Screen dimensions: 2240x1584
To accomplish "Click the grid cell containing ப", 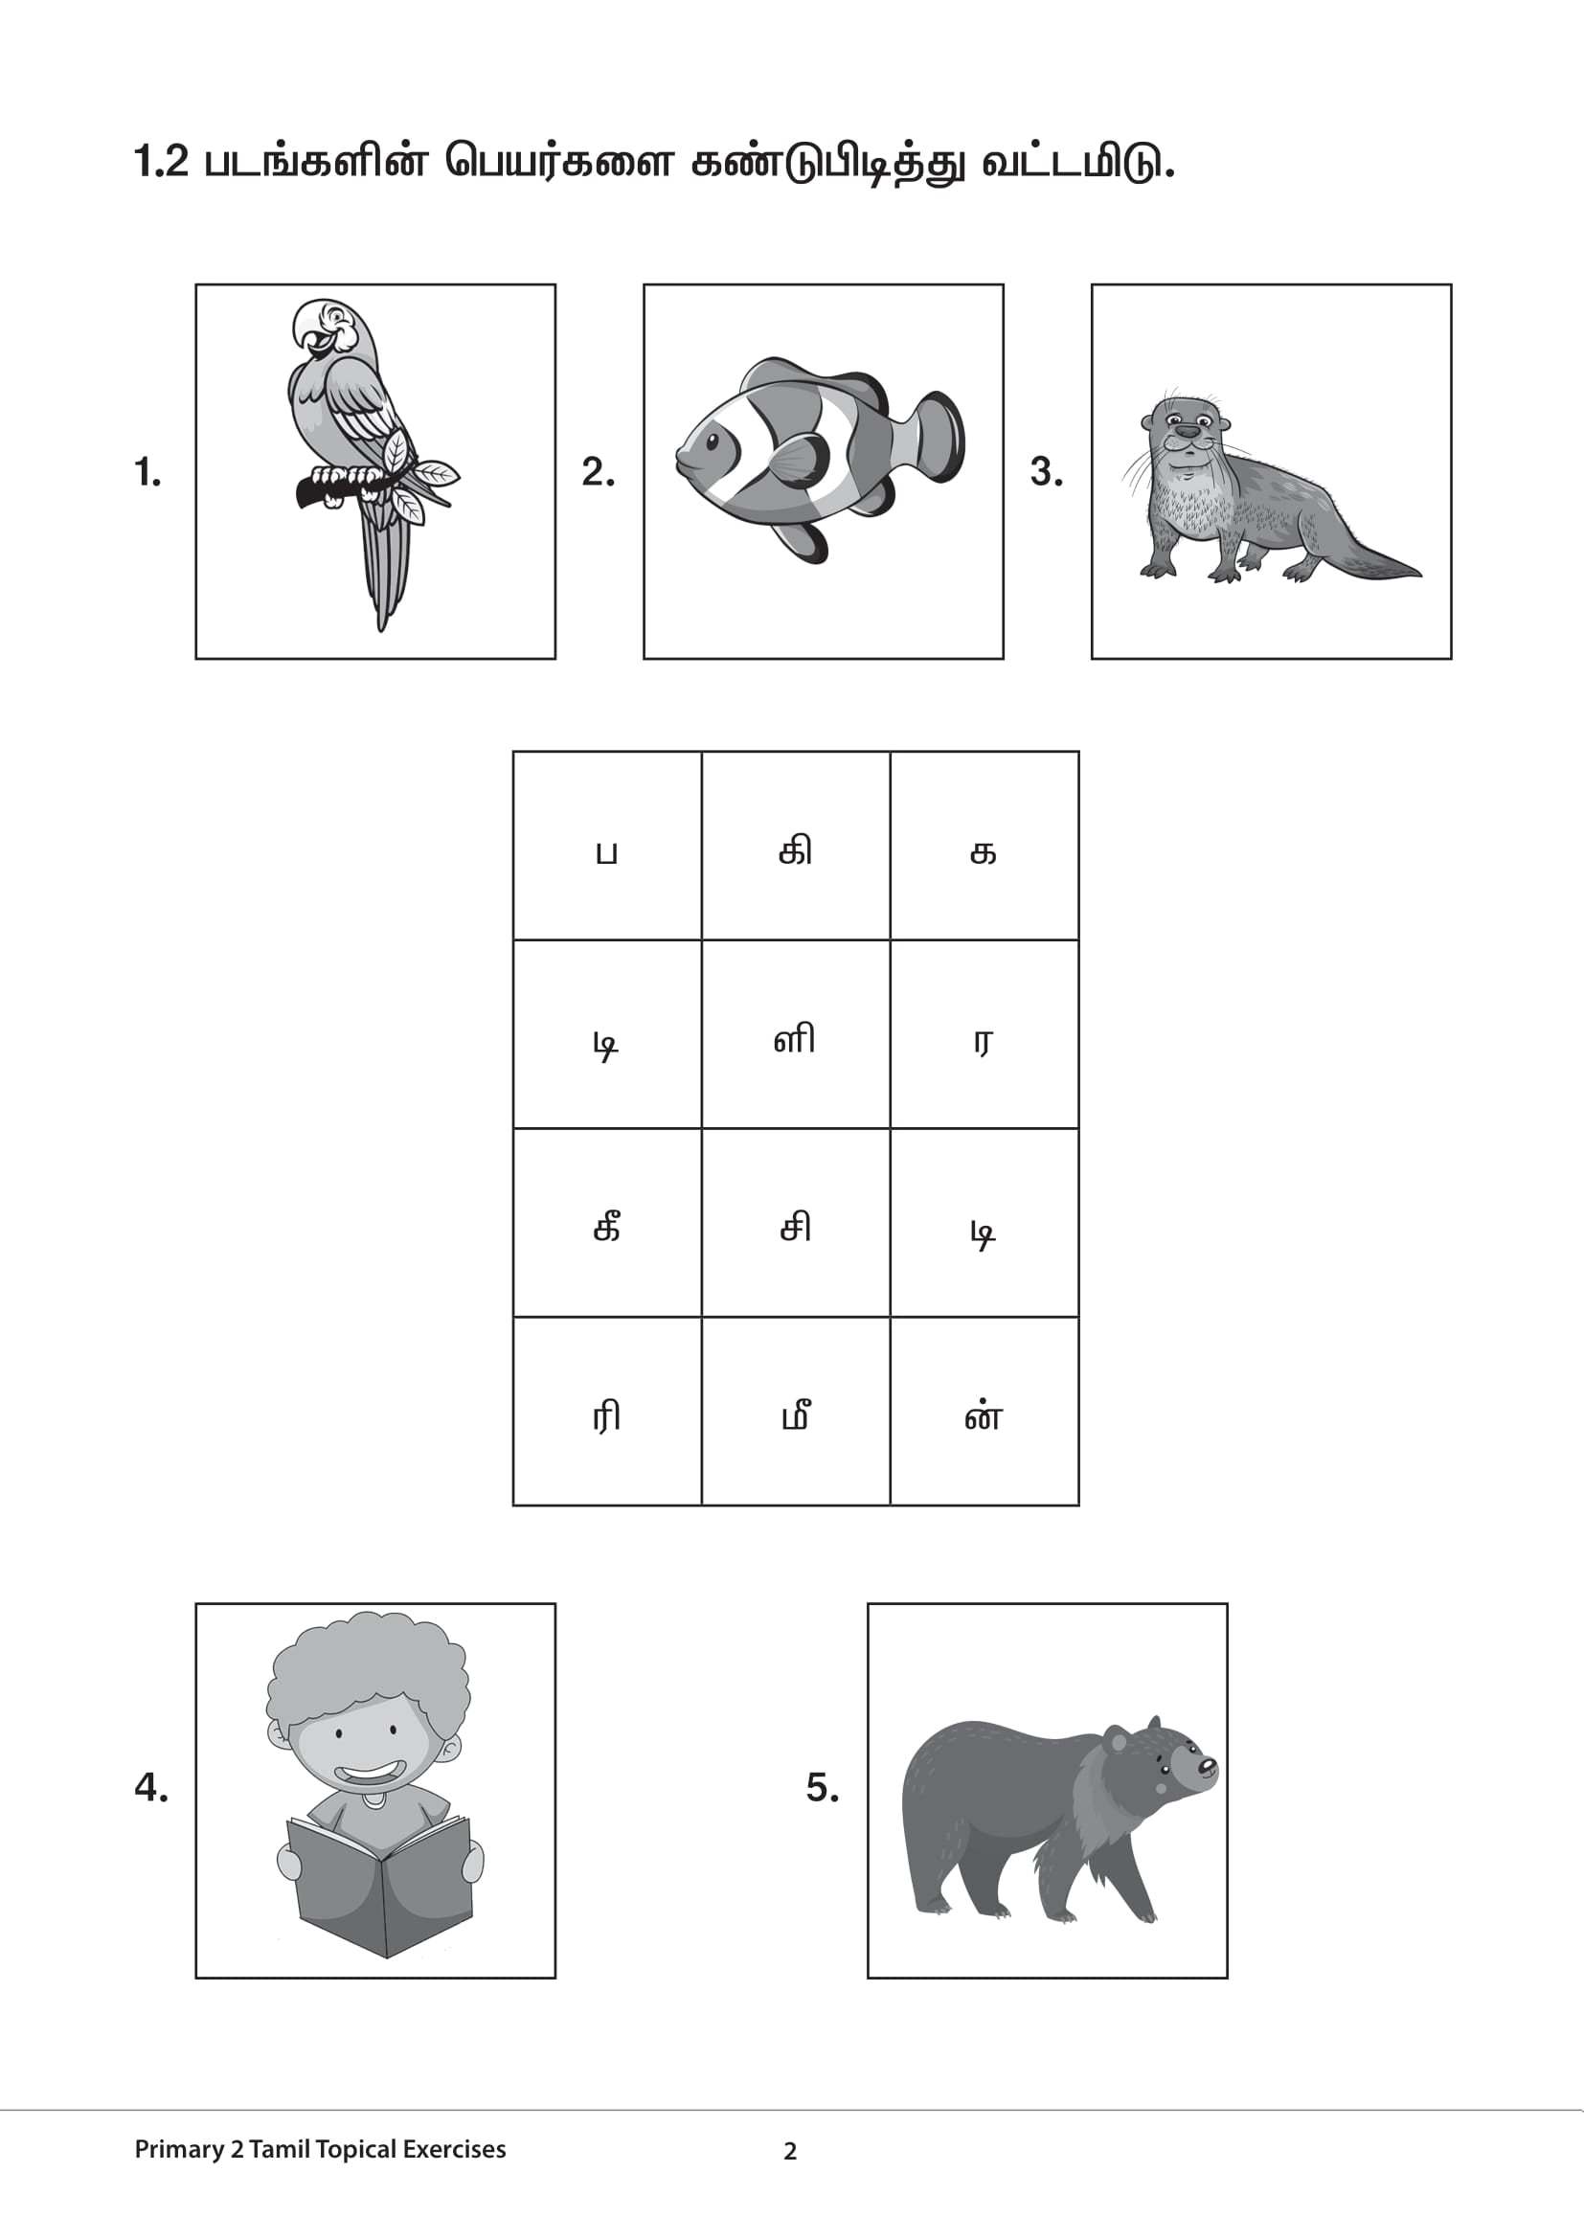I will point(606,846).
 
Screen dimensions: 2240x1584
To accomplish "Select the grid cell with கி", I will point(795,846).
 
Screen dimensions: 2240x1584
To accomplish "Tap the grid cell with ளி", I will point(795,1034).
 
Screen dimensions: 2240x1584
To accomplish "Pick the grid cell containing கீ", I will point(606,1223).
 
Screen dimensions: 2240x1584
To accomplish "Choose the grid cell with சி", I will point(795,1223).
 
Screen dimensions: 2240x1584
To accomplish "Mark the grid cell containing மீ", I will point(795,1412).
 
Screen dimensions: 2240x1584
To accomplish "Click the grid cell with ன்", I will point(984,1412).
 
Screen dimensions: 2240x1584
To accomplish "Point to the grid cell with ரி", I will point(606,1412).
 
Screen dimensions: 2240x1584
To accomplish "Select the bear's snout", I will point(1206,1766).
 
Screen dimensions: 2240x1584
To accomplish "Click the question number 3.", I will point(1046,473).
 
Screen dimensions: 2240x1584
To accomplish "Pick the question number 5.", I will point(822,1788).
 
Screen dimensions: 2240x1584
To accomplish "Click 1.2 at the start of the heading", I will point(161,163).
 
